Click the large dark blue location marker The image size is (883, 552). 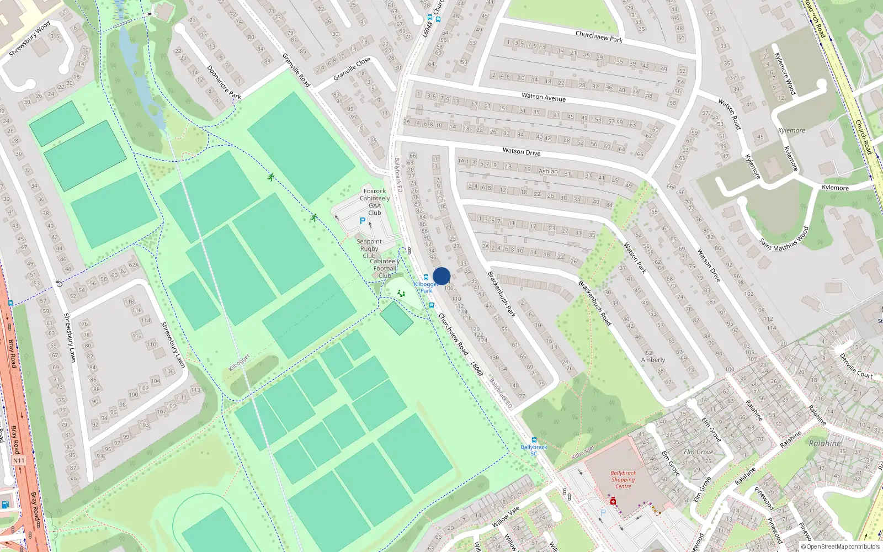click(441, 276)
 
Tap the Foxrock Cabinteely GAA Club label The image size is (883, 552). click(375, 201)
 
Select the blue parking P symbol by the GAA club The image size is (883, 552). click(363, 221)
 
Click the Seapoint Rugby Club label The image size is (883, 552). click(369, 248)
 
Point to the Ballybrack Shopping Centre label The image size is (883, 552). click(623, 480)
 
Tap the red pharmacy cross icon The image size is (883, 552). click(613, 501)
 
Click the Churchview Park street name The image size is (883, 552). click(599, 36)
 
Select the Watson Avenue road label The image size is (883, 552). click(544, 97)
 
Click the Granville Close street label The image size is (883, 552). click(352, 70)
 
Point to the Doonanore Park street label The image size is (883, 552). click(224, 82)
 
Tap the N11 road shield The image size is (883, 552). click(19, 460)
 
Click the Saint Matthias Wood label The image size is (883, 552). click(784, 238)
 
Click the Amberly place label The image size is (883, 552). click(653, 360)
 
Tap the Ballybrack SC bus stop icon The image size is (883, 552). click(534, 440)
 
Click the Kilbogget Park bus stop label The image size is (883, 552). click(426, 287)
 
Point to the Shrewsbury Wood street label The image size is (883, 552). click(30, 39)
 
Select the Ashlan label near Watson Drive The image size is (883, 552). click(548, 171)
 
